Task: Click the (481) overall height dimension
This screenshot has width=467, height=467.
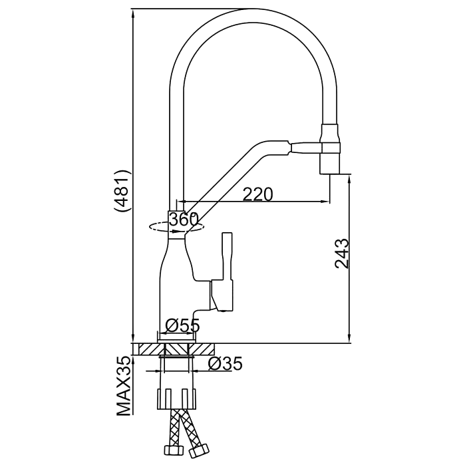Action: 123,191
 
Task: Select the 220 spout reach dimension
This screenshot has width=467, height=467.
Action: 257,194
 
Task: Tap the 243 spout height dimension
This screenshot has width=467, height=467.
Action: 342,253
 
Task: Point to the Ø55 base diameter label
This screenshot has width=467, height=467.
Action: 182,325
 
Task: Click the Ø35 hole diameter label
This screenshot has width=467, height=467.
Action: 224,363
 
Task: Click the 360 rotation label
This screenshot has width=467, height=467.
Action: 183,219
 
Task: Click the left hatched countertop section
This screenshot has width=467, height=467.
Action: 146,349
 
